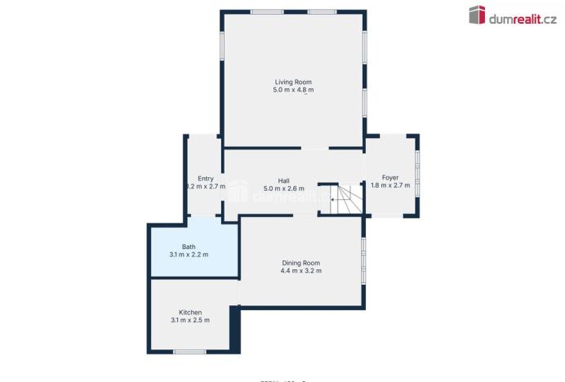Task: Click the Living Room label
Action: [x=293, y=82]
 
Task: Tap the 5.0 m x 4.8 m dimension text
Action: [x=293, y=90]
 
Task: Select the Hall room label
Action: [x=283, y=180]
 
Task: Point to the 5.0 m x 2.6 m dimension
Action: [x=283, y=189]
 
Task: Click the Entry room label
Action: [x=205, y=179]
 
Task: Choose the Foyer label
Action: [x=390, y=177]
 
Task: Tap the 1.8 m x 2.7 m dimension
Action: [x=390, y=185]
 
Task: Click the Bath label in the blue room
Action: [x=189, y=247]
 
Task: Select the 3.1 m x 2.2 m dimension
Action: [x=189, y=255]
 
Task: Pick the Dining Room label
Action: [x=301, y=263]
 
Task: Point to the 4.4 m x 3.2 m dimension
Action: [x=301, y=271]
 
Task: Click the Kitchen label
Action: [x=190, y=312]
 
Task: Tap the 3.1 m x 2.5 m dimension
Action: [x=190, y=320]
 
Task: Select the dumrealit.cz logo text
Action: [x=523, y=16]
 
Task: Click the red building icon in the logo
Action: [x=477, y=15]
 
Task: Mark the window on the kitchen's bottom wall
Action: [x=189, y=352]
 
